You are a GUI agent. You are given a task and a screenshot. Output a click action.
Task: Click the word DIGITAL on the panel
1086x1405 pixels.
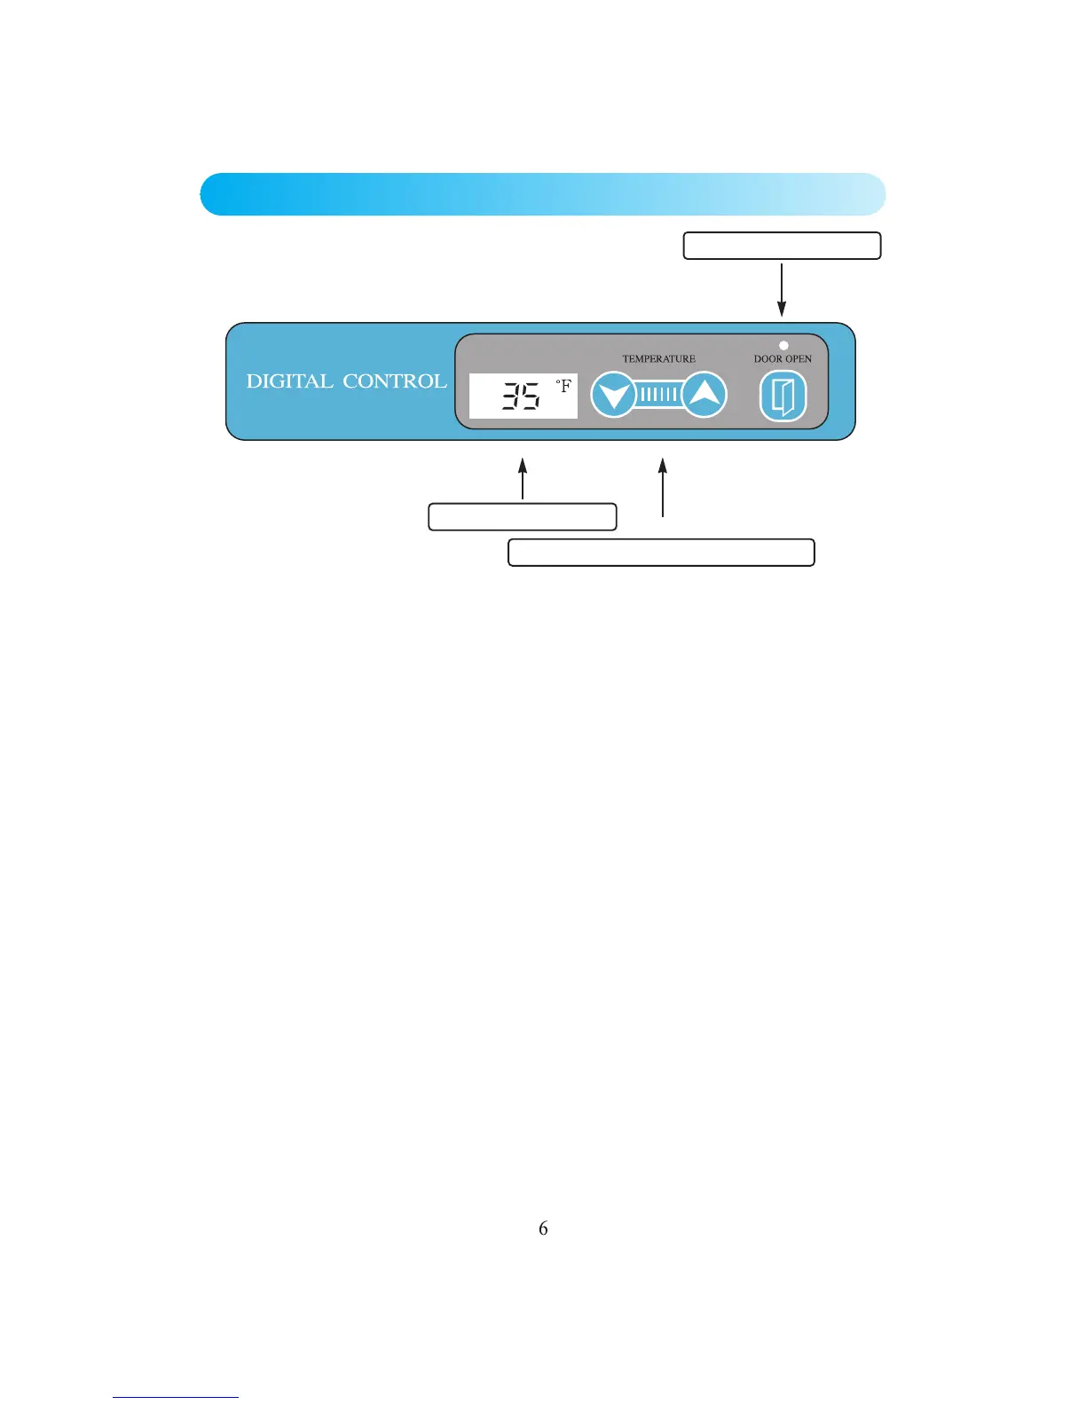[x=289, y=381]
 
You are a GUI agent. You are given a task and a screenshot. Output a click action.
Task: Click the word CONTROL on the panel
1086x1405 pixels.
[x=395, y=381]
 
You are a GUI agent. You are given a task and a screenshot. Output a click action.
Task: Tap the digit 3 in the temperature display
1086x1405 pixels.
[x=511, y=396]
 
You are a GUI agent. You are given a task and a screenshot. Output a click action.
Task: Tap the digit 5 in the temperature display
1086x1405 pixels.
[x=530, y=396]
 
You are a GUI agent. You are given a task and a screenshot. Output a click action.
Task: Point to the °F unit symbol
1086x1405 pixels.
[x=563, y=387]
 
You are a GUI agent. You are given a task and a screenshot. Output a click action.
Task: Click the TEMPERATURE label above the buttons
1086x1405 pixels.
[x=658, y=359]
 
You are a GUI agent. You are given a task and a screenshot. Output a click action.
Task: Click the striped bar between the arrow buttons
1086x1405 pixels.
[x=659, y=395]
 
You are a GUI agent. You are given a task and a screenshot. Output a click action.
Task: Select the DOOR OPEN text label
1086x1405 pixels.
[x=783, y=359]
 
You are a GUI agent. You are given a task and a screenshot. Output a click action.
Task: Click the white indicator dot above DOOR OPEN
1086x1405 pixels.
[x=783, y=345]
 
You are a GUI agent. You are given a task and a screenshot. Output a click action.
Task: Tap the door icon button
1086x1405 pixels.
[x=783, y=396]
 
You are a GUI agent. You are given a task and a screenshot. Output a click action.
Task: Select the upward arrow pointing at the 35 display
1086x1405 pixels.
[x=523, y=479]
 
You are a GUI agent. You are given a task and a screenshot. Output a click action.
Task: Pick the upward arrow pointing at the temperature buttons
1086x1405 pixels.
[x=663, y=487]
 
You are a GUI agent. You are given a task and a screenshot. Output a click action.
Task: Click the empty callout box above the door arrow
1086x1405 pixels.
[x=782, y=246]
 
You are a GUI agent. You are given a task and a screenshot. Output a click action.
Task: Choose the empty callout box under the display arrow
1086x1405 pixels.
[x=523, y=517]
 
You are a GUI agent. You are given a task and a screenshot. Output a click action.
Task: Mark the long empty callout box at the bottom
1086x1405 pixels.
[x=661, y=553]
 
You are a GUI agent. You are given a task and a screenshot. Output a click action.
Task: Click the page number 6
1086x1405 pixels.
[x=543, y=1228]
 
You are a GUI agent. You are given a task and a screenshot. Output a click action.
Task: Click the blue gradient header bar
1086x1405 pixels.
[x=543, y=194]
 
